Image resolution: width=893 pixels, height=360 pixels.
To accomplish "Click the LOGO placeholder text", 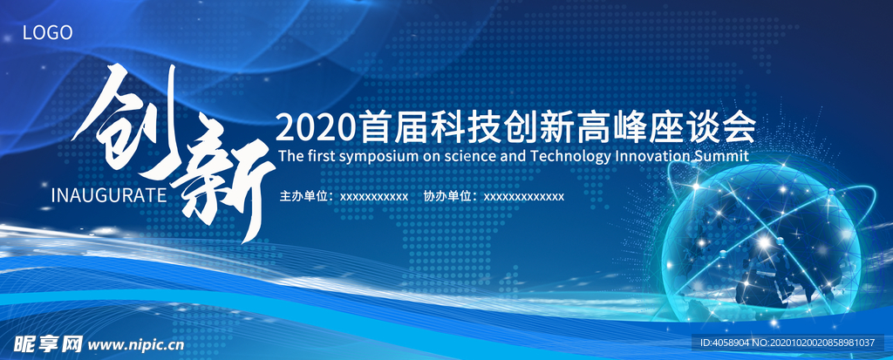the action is pos(48,32).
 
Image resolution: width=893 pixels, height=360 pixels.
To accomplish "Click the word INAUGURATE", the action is pos(109,194).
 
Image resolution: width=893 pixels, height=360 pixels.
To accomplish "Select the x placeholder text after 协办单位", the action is pos(524,197).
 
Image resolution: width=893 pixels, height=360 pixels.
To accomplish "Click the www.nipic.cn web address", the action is pos(137,344).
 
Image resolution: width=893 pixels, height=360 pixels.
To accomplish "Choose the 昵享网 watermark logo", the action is pos(49,344).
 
